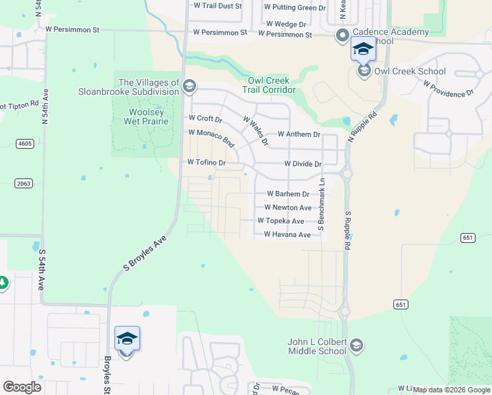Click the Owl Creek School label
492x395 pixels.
tap(410, 71)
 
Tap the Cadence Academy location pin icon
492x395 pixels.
tap(342, 36)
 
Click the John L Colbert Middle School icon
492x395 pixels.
tap(356, 346)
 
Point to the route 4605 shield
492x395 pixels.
tap(25, 143)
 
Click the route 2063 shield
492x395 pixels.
tap(24, 183)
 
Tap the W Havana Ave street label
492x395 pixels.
tap(287, 234)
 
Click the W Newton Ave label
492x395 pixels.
tap(287, 207)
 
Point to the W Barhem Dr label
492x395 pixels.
tap(287, 194)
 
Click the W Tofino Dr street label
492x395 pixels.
tap(207, 162)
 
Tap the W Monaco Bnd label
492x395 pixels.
tap(211, 137)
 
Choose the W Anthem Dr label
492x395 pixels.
tap(299, 134)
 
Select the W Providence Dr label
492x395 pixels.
tap(449, 90)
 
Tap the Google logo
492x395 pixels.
tap(22, 387)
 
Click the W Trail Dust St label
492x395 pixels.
tap(218, 5)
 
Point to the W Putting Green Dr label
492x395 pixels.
tap(295, 7)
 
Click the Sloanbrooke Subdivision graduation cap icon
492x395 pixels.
tap(189, 86)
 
